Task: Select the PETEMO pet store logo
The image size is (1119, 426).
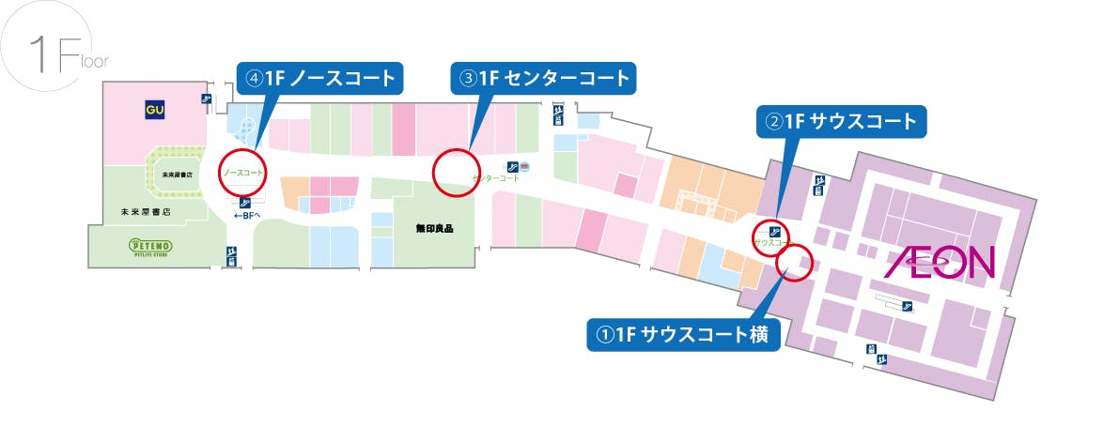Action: (150, 247)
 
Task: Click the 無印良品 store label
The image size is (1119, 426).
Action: (435, 228)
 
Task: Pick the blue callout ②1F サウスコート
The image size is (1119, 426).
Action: (842, 120)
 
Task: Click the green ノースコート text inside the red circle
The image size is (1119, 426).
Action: (243, 174)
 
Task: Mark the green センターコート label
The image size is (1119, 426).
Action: (496, 177)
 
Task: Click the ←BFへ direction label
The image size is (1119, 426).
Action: (245, 215)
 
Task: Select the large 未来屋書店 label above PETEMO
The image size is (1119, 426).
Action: (146, 211)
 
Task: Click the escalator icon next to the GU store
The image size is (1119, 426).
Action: (205, 99)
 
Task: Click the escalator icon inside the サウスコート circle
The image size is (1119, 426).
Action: (772, 230)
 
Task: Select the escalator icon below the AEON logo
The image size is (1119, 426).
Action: (908, 306)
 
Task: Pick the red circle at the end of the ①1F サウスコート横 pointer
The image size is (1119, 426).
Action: (796, 262)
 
